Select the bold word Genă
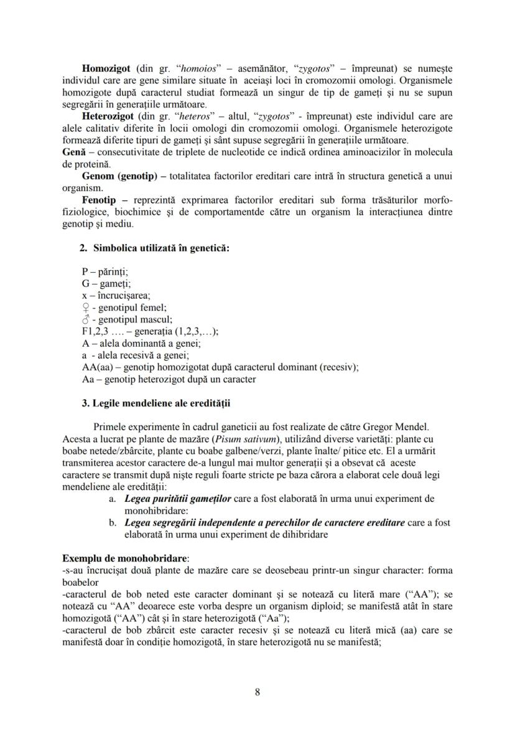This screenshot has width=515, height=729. (x=73, y=153)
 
